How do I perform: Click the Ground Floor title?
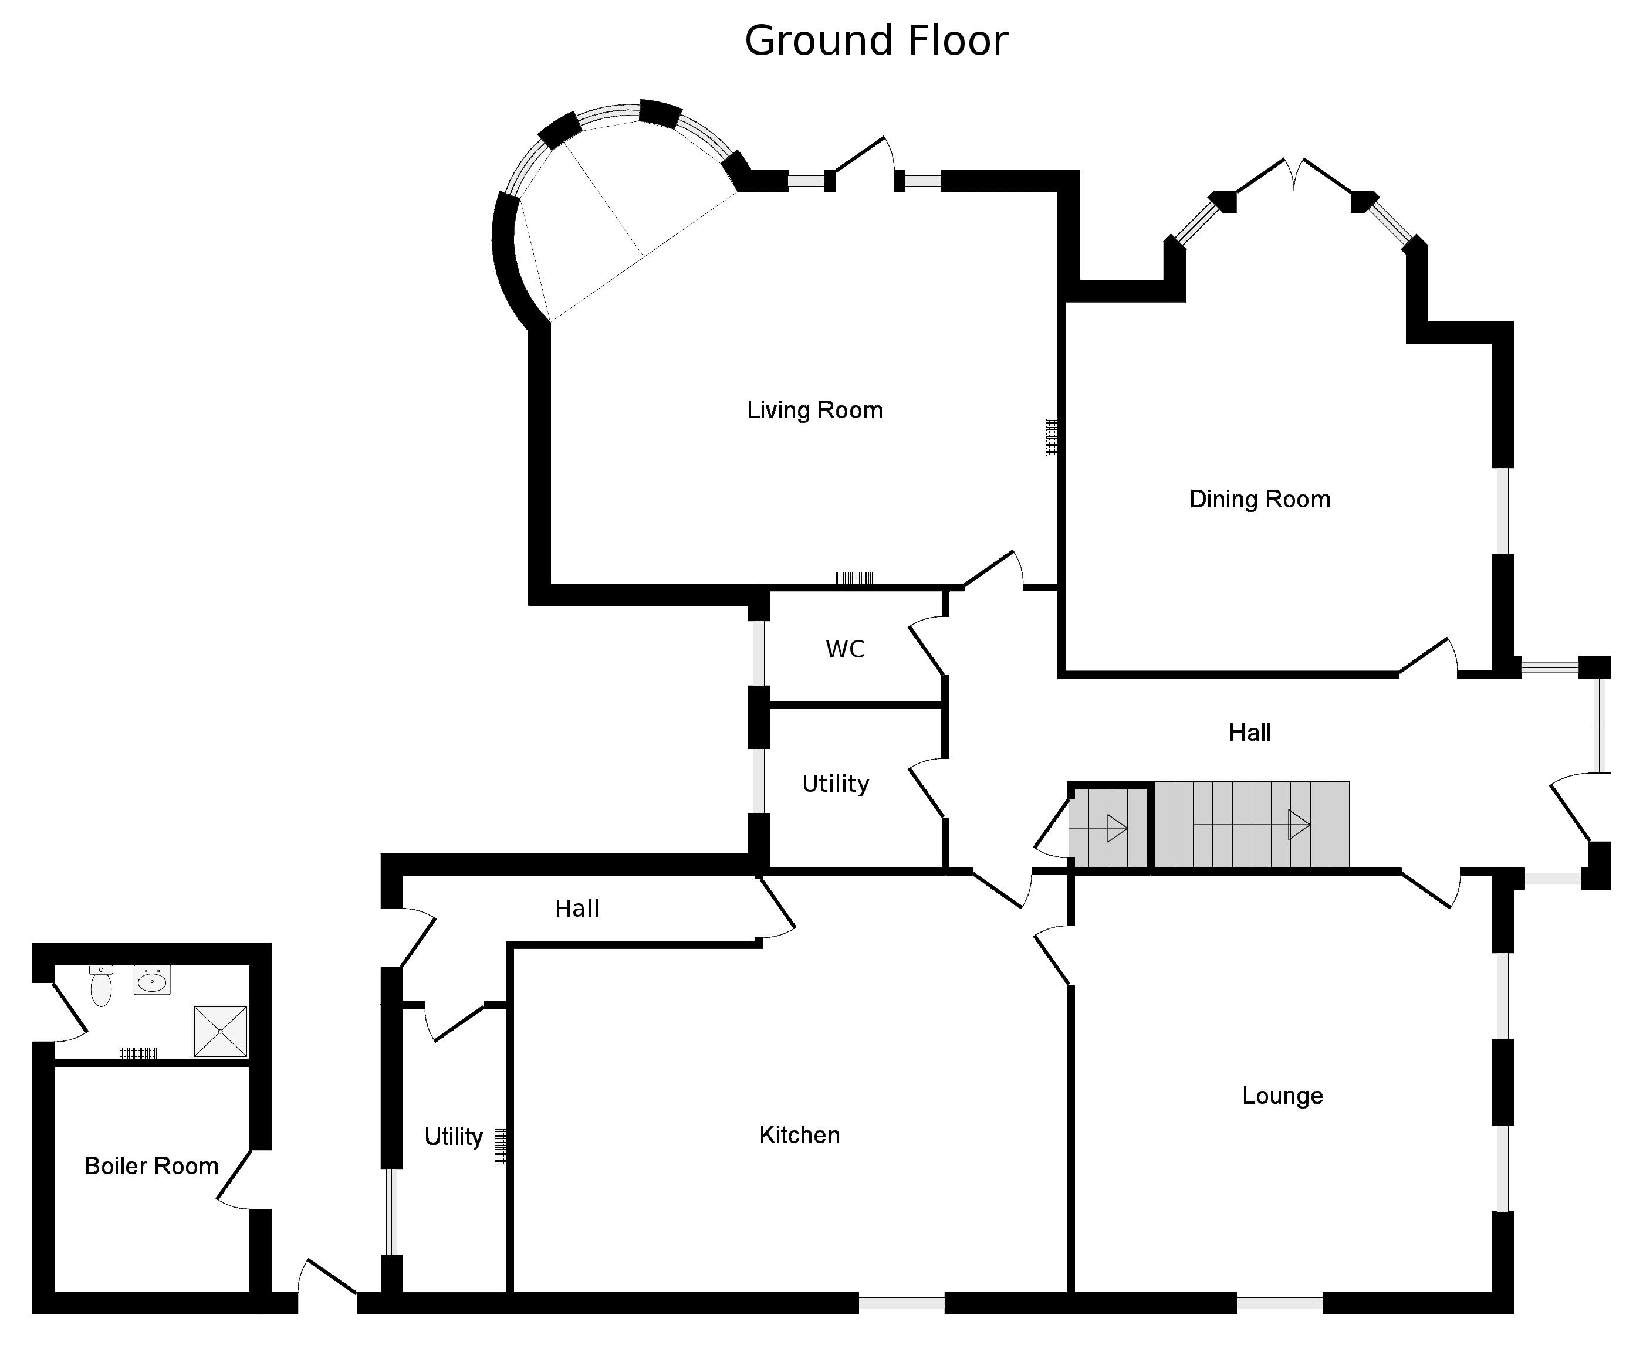876,41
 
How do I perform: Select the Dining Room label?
1259,499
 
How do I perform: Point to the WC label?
845,649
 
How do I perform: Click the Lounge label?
1282,1096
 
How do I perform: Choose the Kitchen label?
799,1134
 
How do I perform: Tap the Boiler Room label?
151,1165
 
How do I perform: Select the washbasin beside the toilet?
153,981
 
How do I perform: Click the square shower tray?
221,1031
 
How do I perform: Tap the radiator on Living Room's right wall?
1052,437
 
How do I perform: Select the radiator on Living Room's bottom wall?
855,577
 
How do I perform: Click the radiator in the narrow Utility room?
501,1146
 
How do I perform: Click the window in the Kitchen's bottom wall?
901,1303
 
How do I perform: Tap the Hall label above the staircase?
1249,732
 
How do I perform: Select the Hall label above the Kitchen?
577,909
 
